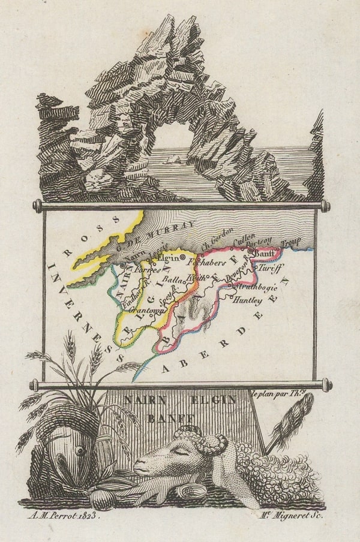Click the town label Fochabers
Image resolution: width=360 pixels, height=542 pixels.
[x=206, y=262]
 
